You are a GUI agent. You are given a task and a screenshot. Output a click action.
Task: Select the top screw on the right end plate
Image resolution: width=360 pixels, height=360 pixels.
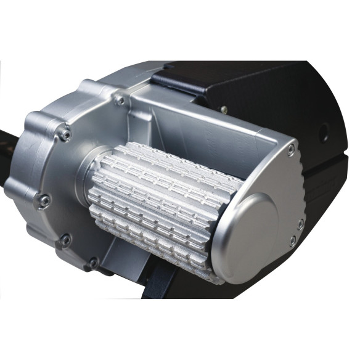click(x=290, y=148)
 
